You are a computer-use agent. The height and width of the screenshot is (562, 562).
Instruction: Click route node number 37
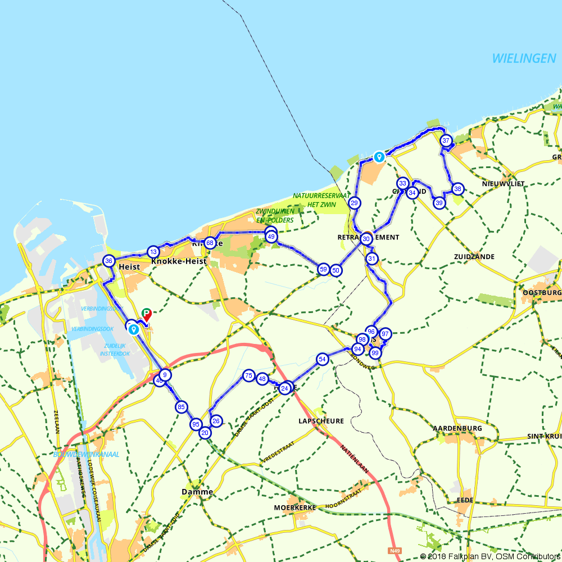pyautogui.click(x=446, y=140)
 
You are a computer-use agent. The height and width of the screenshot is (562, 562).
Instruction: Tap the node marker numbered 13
pyautogui.click(x=153, y=251)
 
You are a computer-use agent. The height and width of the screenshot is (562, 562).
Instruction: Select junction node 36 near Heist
pyautogui.click(x=109, y=261)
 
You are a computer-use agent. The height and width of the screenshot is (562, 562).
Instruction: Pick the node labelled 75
pyautogui.click(x=248, y=375)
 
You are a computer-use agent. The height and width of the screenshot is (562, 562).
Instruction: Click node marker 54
pyautogui.click(x=322, y=359)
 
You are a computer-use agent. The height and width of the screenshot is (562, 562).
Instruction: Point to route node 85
pyautogui.click(x=181, y=407)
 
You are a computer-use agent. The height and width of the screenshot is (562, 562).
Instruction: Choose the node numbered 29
pyautogui.click(x=354, y=203)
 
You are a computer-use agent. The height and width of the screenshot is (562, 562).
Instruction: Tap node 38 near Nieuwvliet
pyautogui.click(x=457, y=189)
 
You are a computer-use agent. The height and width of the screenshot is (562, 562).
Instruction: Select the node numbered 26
pyautogui.click(x=216, y=421)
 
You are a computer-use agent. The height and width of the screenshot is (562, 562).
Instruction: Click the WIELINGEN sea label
pyautogui.click(x=524, y=58)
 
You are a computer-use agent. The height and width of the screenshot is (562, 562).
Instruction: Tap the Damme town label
pyautogui.click(x=197, y=492)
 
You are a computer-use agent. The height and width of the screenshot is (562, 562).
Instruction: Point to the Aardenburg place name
pyautogui.click(x=457, y=428)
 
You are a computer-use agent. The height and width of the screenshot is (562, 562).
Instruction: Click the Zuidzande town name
pyautogui.click(x=474, y=257)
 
